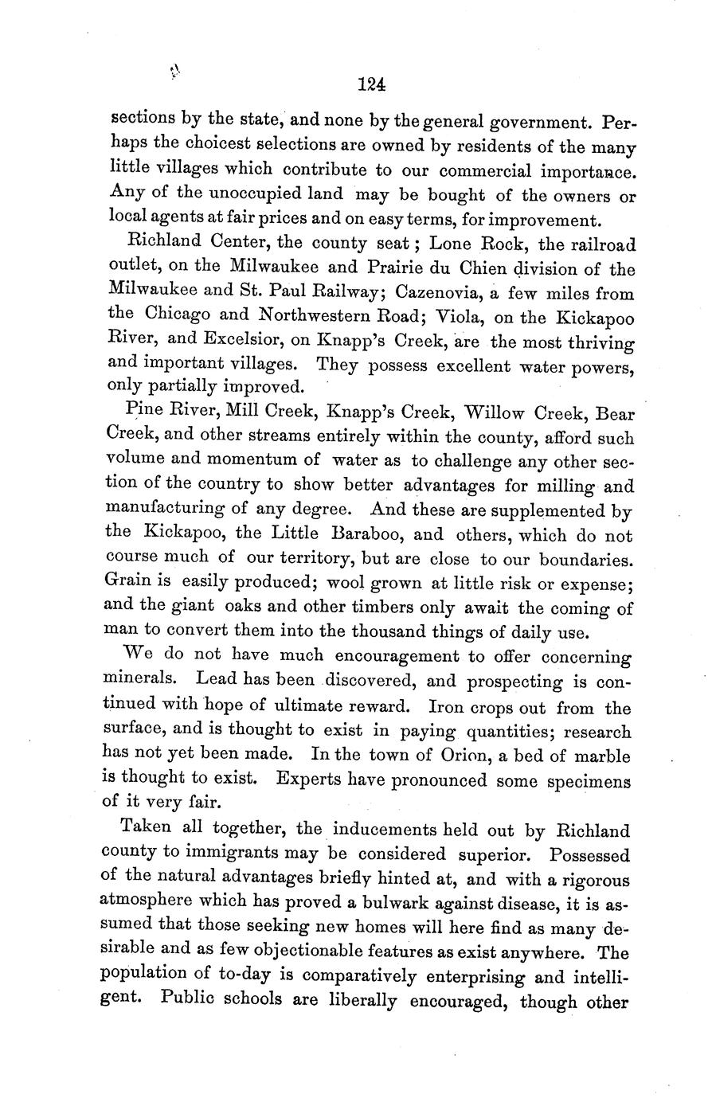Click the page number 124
click(x=372, y=83)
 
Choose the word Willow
click(x=502, y=413)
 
